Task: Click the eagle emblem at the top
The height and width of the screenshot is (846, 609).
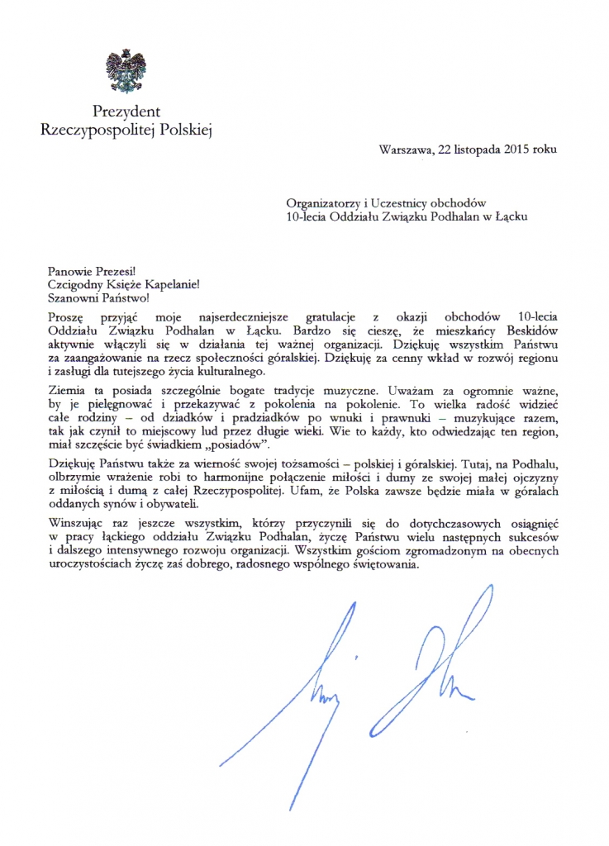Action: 126,71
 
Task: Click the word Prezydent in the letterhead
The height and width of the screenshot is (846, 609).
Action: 126,111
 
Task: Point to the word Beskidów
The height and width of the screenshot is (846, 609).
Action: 527,329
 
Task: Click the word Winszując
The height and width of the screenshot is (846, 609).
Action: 77,523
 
